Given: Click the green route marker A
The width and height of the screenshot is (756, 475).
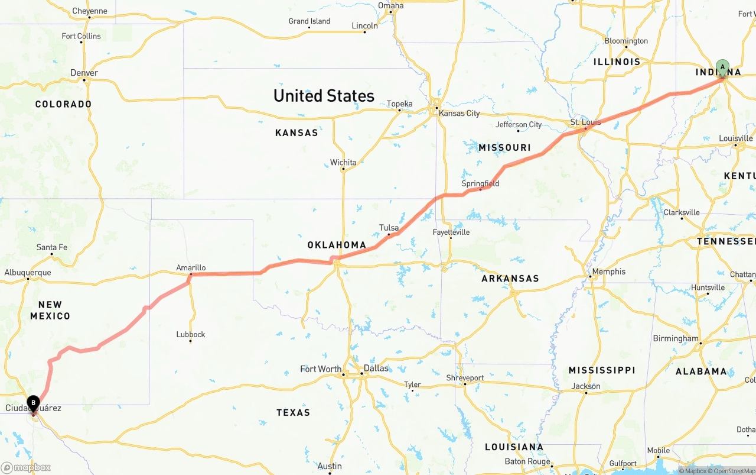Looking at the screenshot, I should pyautogui.click(x=722, y=67).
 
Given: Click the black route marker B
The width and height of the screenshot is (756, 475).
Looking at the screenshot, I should pyautogui.click(x=34, y=403).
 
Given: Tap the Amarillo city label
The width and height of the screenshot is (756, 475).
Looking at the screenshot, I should pyautogui.click(x=191, y=268).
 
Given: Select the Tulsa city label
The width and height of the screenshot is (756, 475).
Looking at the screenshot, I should pyautogui.click(x=389, y=228).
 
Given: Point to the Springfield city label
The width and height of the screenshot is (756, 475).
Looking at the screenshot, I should pyautogui.click(x=480, y=183).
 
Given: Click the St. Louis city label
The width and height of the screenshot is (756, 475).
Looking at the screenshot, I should pyautogui.click(x=585, y=122).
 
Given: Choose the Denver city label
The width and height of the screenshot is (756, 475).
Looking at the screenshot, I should pyautogui.click(x=84, y=73).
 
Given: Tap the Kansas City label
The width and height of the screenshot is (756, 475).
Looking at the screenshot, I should pyautogui.click(x=459, y=113).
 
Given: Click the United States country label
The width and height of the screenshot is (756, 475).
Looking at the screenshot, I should pyautogui.click(x=324, y=96).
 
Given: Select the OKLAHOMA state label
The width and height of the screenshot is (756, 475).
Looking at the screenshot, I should pyautogui.click(x=337, y=245).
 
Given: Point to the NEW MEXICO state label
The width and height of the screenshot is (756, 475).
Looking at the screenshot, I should pyautogui.click(x=50, y=311).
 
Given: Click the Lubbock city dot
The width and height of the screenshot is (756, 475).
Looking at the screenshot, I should pyautogui.click(x=190, y=341).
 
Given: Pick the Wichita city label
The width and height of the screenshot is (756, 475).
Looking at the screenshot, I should pyautogui.click(x=343, y=162).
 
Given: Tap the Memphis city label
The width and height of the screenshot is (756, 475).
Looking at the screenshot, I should pyautogui.click(x=608, y=272).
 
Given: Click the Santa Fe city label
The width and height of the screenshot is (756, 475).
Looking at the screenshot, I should pyautogui.click(x=52, y=247).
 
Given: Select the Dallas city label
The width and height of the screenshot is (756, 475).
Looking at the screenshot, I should pyautogui.click(x=376, y=368).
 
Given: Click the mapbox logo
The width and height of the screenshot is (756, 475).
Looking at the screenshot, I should pyautogui.click(x=26, y=467).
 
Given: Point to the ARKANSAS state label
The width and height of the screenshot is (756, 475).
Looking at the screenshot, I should pyautogui.click(x=510, y=278).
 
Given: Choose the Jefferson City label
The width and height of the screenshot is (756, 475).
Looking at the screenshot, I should pyautogui.click(x=519, y=125).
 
